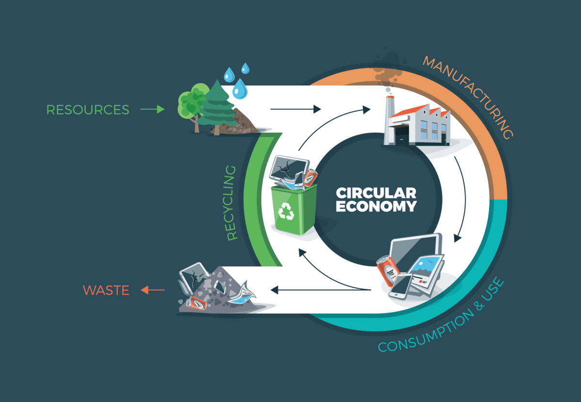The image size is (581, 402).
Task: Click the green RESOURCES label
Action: click(x=88, y=110)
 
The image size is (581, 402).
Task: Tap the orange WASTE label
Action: click(x=106, y=290)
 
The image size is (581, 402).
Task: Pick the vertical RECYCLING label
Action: click(x=232, y=203)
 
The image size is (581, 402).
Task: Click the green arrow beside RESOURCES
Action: click(x=153, y=110)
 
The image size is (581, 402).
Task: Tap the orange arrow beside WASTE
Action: click(x=153, y=290)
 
